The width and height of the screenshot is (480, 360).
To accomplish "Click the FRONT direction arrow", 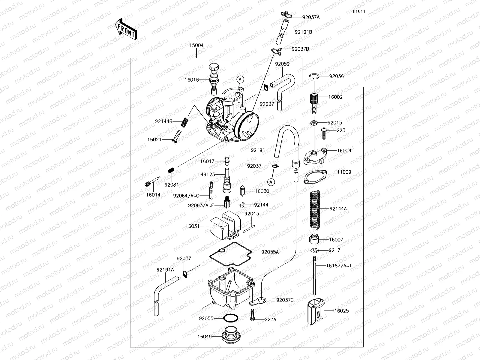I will click(125, 29).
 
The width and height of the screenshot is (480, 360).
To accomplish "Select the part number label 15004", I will click(196, 45).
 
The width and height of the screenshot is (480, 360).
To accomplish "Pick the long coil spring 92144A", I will click(314, 209).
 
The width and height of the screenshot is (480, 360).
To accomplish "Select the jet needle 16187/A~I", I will click(315, 276).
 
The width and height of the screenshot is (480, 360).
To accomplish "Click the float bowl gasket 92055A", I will click(230, 255).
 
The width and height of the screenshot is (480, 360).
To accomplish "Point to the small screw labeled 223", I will click(324, 133).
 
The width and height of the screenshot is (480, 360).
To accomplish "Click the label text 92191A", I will click(165, 270).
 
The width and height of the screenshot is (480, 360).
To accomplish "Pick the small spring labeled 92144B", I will click(186, 121).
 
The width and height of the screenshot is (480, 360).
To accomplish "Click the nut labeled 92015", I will click(314, 122).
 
